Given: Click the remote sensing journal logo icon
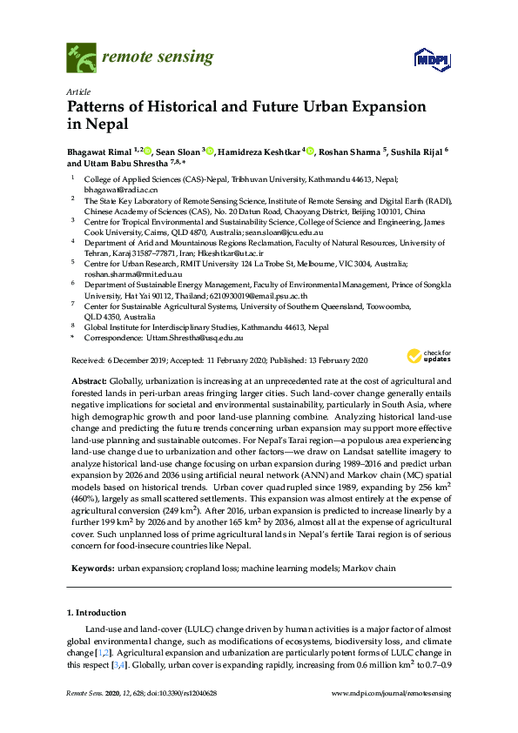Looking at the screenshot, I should (x=81, y=58).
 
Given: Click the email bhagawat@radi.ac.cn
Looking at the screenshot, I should (x=113, y=188).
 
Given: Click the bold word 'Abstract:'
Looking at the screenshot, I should (x=87, y=381).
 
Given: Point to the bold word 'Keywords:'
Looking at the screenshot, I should (x=91, y=568).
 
